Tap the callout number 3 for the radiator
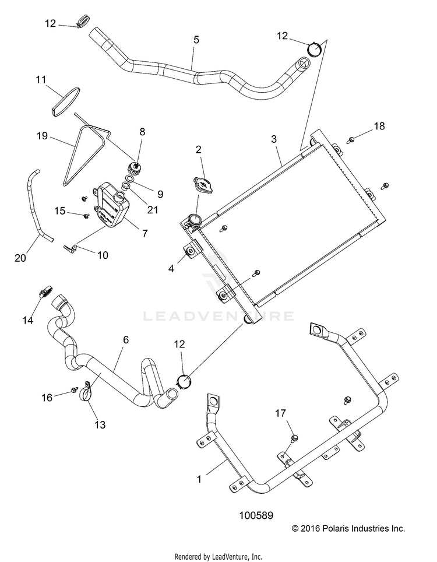click(274, 139)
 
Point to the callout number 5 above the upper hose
click(196, 40)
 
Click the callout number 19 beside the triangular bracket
click(43, 136)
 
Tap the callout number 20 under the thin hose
click(20, 258)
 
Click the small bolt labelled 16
click(75, 389)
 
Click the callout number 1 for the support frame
click(199, 479)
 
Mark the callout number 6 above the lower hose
click(126, 339)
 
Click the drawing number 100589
click(256, 515)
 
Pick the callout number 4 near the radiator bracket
click(171, 268)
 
